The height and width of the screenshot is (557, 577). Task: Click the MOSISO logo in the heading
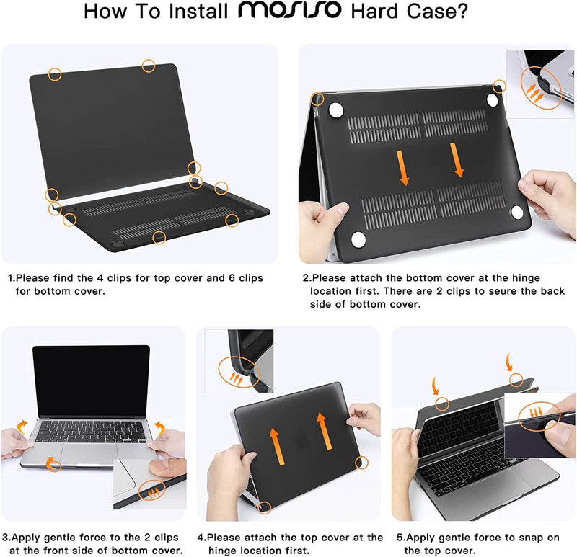tap(292, 12)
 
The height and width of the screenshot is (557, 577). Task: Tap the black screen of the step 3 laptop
tap(91, 380)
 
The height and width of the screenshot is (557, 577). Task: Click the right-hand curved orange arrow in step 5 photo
tap(511, 360)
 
